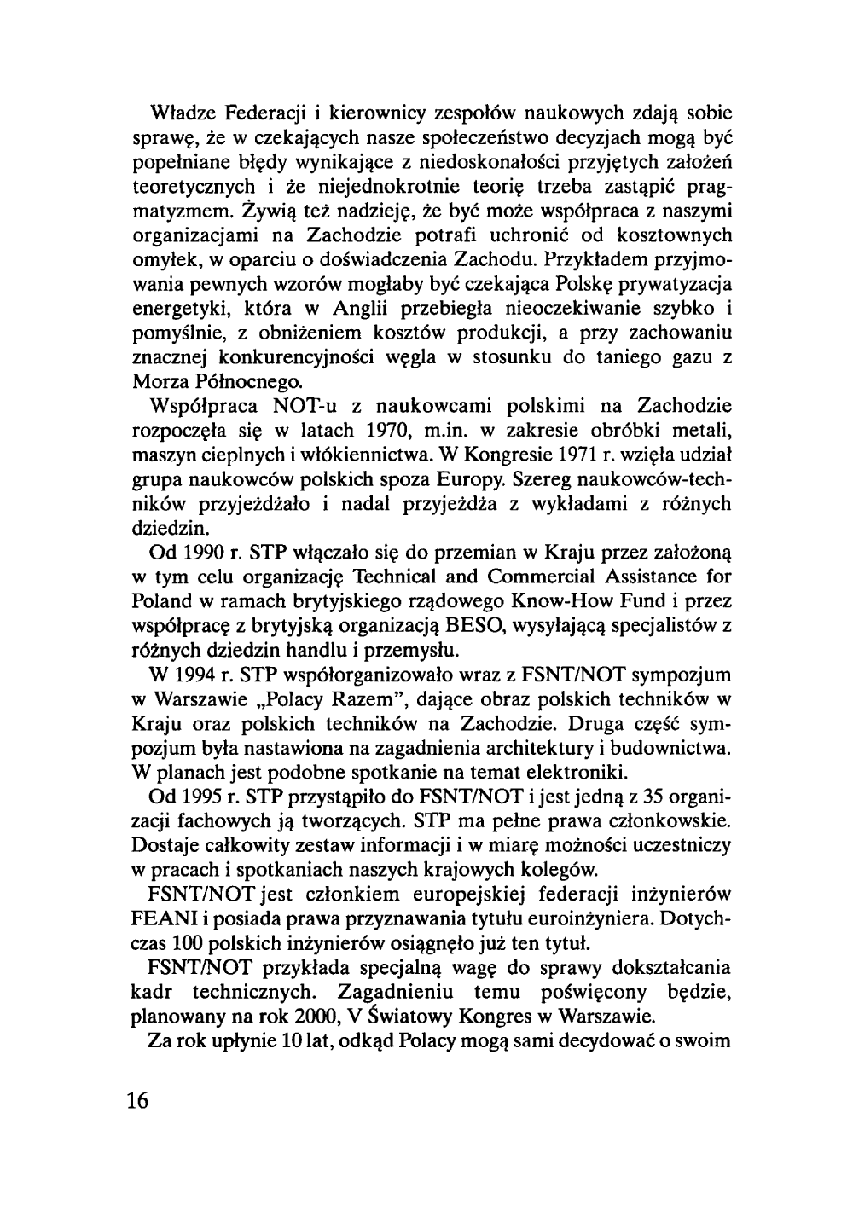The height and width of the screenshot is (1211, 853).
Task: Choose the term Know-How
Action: [566, 600]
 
